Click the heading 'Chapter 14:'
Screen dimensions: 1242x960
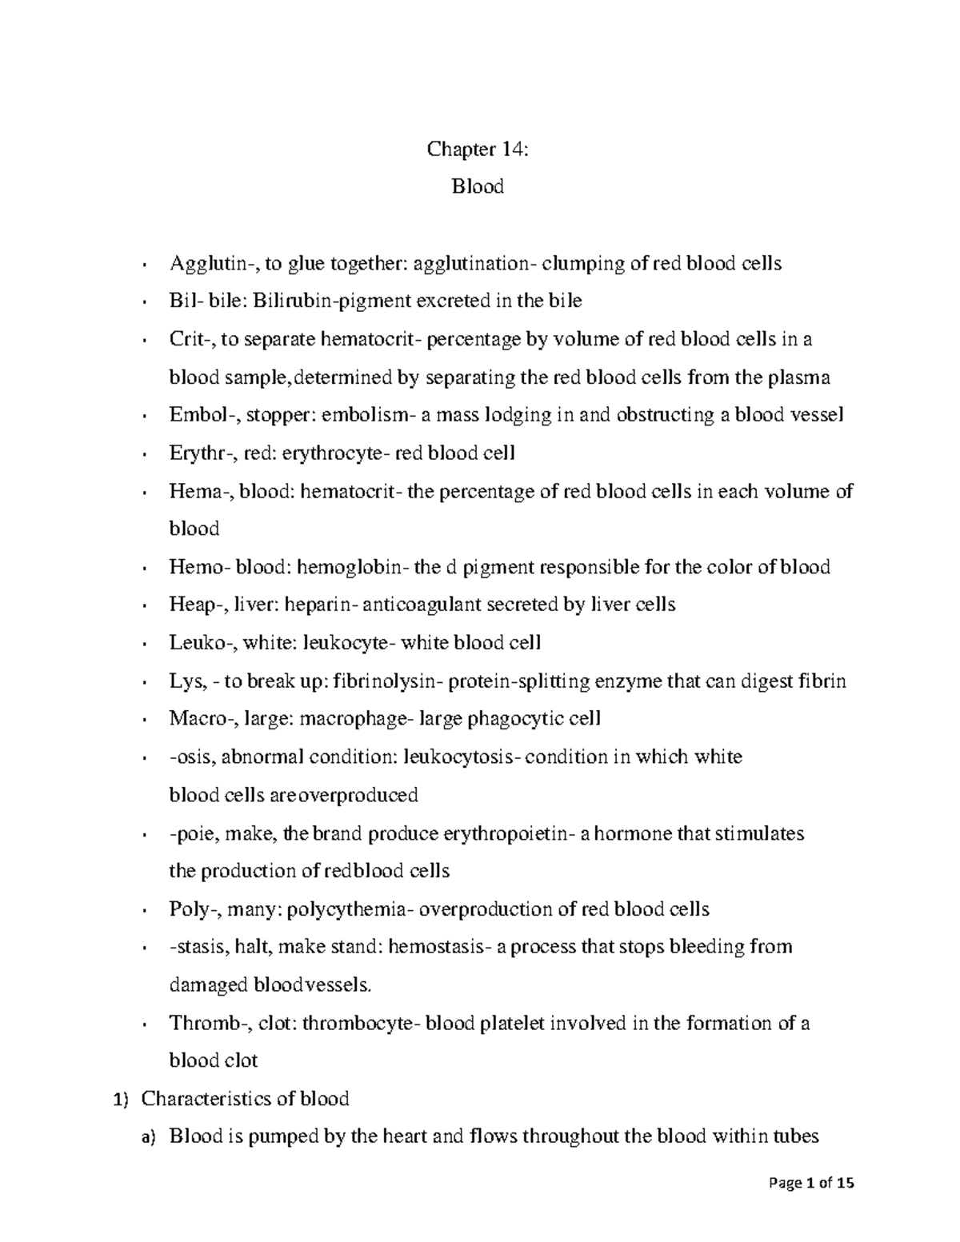tap(478, 149)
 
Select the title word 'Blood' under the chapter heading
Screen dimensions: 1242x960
tap(478, 187)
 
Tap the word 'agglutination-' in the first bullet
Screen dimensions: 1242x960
tap(469, 263)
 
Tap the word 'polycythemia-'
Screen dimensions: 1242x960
tap(350, 909)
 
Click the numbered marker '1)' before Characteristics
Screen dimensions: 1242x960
tap(118, 1100)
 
